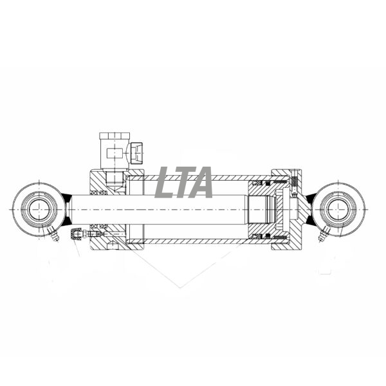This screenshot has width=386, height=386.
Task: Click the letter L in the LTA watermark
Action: (x=165, y=182)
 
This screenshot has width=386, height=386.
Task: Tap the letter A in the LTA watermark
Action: (x=200, y=182)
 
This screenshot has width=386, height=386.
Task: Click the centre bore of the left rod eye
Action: (x=39, y=210)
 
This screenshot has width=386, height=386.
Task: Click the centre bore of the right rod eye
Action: (x=338, y=210)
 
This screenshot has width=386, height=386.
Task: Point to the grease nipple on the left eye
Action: (x=53, y=234)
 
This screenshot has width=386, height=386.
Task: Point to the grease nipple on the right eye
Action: (x=324, y=234)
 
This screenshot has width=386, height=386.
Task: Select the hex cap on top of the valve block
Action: (x=115, y=136)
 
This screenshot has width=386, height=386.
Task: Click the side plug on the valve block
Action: (x=136, y=153)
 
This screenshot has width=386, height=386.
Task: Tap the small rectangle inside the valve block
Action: (x=115, y=153)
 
